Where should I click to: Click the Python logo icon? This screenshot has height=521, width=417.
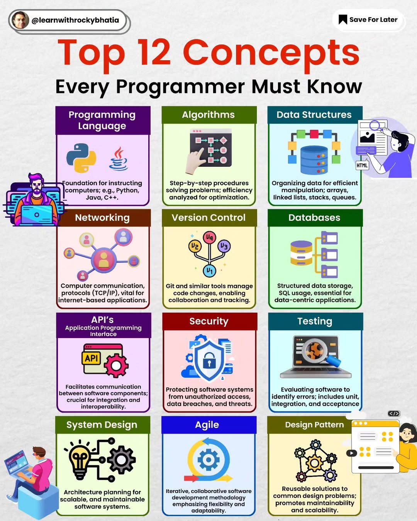click(81, 158)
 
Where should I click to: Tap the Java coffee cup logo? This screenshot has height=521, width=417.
click(118, 159)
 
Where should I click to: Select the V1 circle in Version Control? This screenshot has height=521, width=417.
click(210, 271)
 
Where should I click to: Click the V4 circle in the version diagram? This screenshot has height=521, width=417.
click(210, 238)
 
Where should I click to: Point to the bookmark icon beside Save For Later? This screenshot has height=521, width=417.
click(343, 19)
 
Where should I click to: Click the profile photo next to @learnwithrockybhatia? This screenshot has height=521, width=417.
click(20, 20)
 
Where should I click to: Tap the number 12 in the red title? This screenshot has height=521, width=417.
click(154, 52)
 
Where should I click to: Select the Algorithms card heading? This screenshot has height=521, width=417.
click(208, 115)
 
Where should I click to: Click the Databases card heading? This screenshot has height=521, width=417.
click(314, 218)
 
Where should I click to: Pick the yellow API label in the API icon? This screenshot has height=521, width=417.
click(91, 358)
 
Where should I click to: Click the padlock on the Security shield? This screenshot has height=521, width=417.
click(209, 360)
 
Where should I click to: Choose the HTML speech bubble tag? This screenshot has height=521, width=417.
click(362, 165)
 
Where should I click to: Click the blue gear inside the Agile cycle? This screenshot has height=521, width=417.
click(208, 460)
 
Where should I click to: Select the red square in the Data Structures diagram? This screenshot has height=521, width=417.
click(314, 134)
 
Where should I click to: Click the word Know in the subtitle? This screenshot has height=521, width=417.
click(335, 87)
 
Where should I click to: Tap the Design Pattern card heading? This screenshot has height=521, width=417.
click(314, 425)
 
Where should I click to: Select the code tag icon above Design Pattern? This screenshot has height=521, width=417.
click(394, 413)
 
